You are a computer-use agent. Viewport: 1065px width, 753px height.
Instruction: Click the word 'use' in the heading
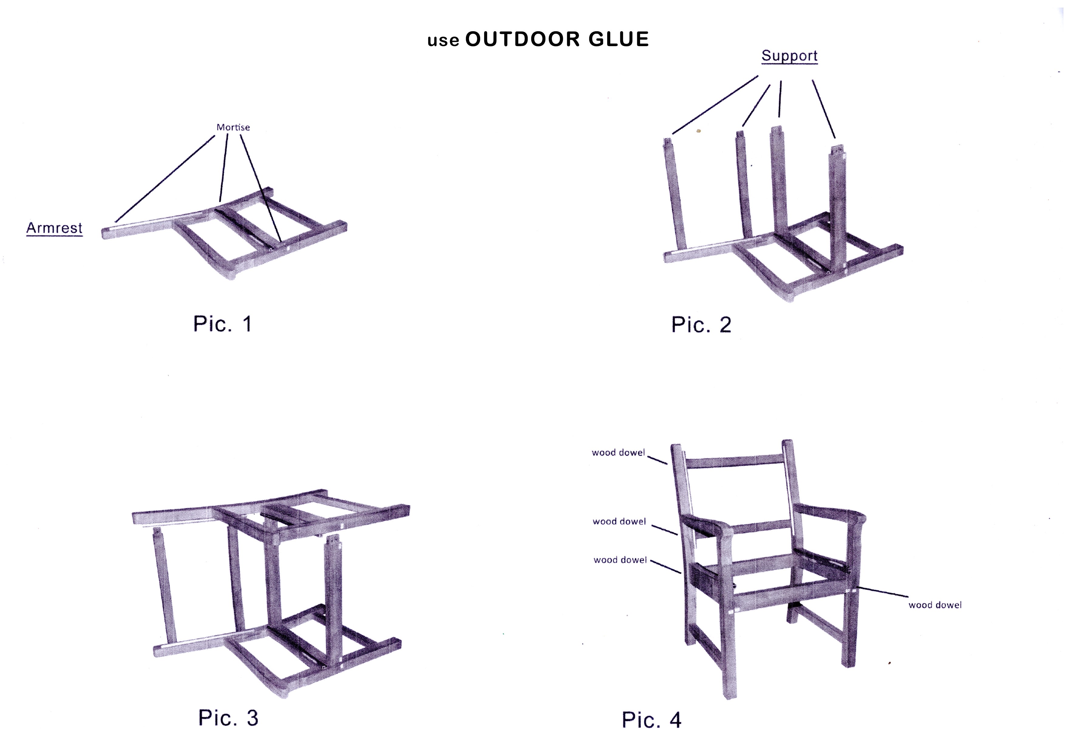coord(444,41)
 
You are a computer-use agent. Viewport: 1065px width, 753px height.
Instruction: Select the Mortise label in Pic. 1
coord(233,127)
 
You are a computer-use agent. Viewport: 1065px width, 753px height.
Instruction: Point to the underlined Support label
coord(789,56)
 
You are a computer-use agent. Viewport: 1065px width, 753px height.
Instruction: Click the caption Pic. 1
coord(223,324)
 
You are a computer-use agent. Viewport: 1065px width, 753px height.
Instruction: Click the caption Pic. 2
coord(701,325)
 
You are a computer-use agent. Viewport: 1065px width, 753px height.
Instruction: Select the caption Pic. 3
coord(228,718)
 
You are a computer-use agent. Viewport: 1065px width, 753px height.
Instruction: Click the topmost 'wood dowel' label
coord(618,453)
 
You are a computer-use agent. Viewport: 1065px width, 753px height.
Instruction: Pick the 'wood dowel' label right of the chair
coord(935,605)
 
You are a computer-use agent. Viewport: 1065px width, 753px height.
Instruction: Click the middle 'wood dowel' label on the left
coord(619,522)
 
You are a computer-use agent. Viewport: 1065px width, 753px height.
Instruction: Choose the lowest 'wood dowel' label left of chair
coord(620,560)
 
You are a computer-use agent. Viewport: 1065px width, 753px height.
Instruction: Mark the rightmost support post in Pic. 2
coord(838,209)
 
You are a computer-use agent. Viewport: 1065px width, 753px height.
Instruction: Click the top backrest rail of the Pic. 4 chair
coord(734,461)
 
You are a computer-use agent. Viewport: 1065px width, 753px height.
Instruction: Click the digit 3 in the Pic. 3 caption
coord(252,718)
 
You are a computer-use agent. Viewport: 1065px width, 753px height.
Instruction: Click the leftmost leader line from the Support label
coord(715,105)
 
